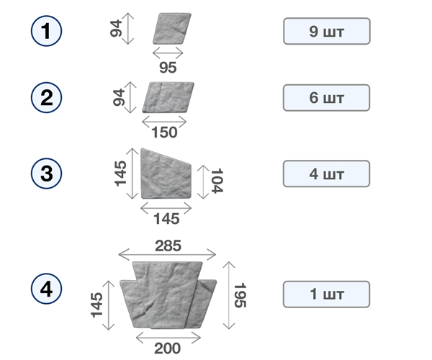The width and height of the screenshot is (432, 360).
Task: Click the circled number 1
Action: click(x=46, y=31)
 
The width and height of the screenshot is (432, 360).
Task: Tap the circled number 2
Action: click(x=46, y=97)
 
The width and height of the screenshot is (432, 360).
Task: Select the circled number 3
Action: click(x=46, y=174)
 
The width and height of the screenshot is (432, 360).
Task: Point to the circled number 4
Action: click(x=46, y=289)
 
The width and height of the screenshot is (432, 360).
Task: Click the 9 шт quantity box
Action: click(x=327, y=31)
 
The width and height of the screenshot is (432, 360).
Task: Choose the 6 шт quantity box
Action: click(x=326, y=98)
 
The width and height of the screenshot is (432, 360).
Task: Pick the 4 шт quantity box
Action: click(x=326, y=174)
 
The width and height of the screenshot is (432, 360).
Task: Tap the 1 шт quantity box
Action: click(x=326, y=294)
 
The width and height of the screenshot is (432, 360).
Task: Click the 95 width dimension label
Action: click(x=168, y=67)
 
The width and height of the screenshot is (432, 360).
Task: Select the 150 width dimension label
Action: click(x=164, y=132)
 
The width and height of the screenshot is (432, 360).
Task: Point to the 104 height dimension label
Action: click(x=217, y=181)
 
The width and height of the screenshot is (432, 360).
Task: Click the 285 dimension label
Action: click(x=168, y=246)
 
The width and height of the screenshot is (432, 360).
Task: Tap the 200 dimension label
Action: click(x=168, y=348)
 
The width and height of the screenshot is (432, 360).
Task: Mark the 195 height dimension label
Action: click(x=240, y=295)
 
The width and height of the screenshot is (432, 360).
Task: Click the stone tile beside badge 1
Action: click(x=172, y=28)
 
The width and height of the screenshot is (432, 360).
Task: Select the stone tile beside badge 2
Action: click(x=168, y=97)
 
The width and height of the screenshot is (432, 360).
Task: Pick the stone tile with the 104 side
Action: click(x=166, y=174)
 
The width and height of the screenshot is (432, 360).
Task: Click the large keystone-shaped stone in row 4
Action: click(x=168, y=295)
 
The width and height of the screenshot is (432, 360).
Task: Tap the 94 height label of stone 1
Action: click(x=116, y=28)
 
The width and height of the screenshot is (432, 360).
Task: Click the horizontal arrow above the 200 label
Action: click(x=168, y=338)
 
